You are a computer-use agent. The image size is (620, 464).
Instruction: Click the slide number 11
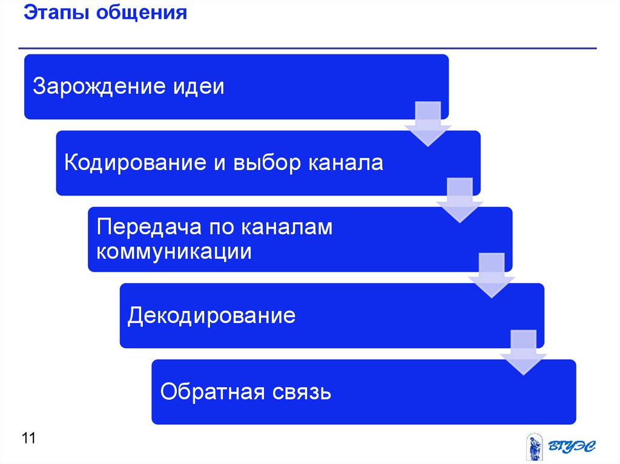click(x=28, y=437)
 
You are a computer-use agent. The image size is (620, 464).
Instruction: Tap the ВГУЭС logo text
click(x=571, y=446)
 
